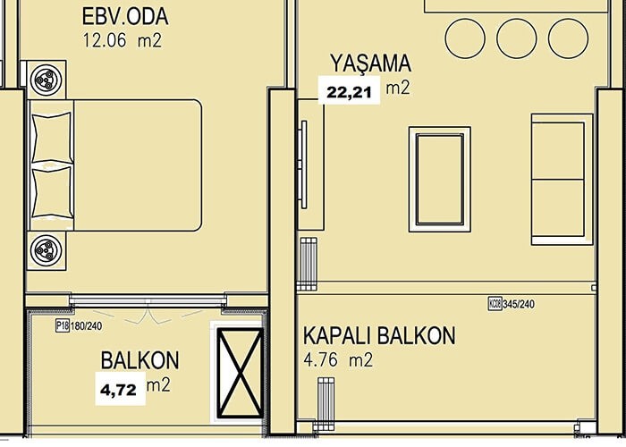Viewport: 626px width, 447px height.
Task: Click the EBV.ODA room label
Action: pyautogui.click(x=125, y=17)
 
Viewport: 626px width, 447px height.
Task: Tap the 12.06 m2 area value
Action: pyautogui.click(x=123, y=41)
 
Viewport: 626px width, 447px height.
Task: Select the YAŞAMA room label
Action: pyautogui.click(x=371, y=63)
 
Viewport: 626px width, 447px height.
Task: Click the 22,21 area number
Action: pyautogui.click(x=350, y=92)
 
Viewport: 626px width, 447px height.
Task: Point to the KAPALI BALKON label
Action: pyautogui.click(x=379, y=335)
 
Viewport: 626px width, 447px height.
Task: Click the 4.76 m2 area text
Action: pyautogui.click(x=338, y=360)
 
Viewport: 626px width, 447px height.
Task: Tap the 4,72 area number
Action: pyautogui.click(x=119, y=390)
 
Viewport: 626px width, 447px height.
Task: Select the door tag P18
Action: pyautogui.click(x=63, y=325)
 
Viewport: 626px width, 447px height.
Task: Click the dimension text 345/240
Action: pyautogui.click(x=519, y=304)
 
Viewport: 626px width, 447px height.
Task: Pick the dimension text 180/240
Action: pyautogui.click(x=86, y=326)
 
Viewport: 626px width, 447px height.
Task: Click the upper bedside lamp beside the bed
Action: pyautogui.click(x=47, y=80)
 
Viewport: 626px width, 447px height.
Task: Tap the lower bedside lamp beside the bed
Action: pyautogui.click(x=47, y=250)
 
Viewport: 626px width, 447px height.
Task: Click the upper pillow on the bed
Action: pyautogui.click(x=52, y=138)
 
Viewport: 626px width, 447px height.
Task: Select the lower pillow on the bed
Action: pyautogui.click(x=52, y=192)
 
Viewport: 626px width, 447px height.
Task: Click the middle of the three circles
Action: pyautogui.click(x=517, y=38)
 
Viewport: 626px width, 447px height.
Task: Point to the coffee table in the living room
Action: pyautogui.click(x=440, y=180)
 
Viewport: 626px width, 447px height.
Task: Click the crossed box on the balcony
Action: pyautogui.click(x=240, y=373)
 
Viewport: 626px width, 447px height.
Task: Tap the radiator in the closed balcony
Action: pyautogui.click(x=326, y=404)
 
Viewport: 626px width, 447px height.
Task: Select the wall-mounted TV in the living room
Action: pyautogui.click(x=304, y=164)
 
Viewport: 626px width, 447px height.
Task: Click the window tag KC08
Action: pyautogui.click(x=495, y=304)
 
